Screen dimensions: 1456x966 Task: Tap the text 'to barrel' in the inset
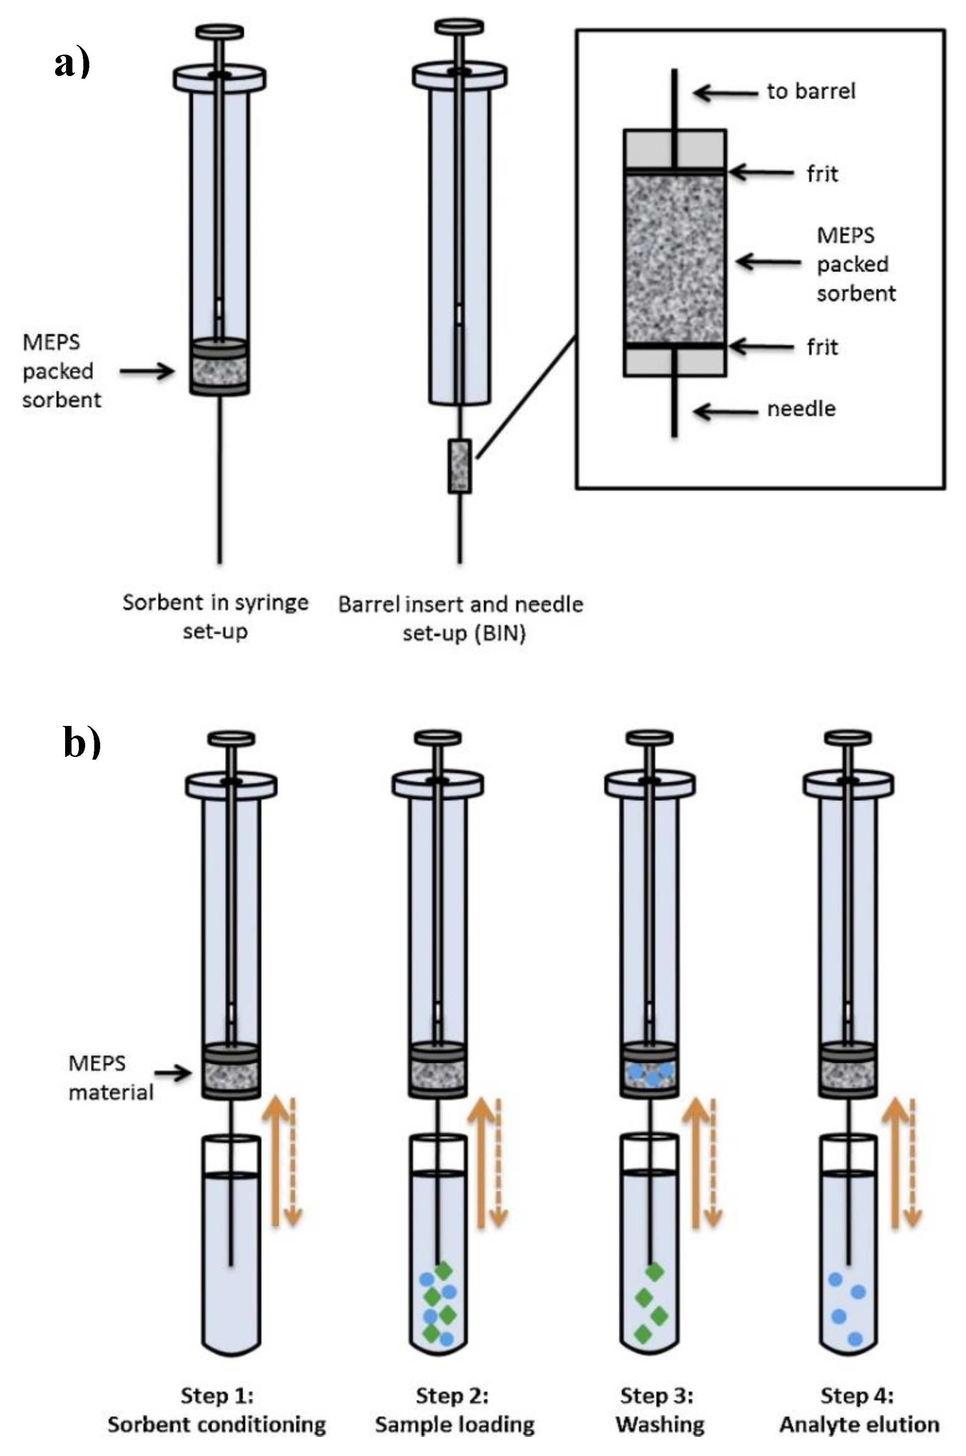pos(811,92)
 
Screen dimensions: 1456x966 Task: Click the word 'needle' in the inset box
pos(801,409)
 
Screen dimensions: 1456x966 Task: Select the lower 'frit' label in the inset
pos(822,347)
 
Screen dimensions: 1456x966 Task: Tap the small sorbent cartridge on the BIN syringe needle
pos(459,466)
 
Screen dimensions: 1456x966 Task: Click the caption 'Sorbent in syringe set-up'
pos(215,616)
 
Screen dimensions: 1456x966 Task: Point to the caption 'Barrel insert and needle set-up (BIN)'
pos(461,618)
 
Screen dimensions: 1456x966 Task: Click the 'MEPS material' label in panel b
pos(110,1077)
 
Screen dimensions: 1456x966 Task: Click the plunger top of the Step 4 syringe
pos(848,737)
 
